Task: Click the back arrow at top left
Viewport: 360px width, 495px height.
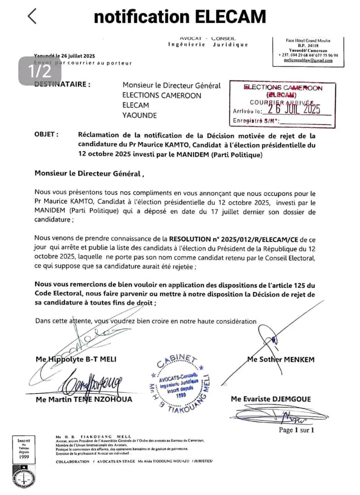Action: pos(32,16)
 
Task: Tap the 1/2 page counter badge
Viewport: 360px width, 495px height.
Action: pos(39,71)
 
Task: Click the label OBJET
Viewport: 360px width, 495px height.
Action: pos(46,135)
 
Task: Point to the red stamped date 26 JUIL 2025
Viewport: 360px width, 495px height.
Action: pos(294,108)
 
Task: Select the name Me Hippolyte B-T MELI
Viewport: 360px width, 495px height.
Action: pos(76,359)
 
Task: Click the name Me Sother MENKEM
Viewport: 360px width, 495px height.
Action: pos(281,359)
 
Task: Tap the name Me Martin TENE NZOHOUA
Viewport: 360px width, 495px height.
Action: pos(84,399)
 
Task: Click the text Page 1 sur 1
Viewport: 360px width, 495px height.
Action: pos(296,430)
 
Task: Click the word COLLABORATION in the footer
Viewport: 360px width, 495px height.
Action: pos(72,462)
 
